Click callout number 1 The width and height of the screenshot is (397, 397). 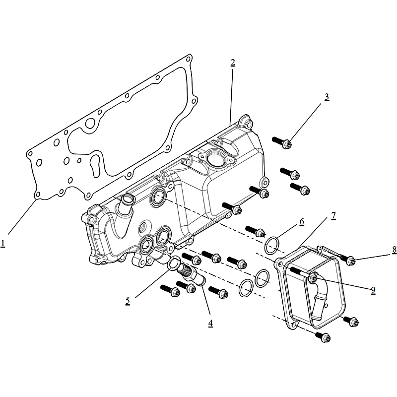point(3,244)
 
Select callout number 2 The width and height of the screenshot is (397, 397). point(233,63)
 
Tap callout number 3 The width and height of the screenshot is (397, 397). point(327,97)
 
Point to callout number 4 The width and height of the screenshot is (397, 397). point(210,324)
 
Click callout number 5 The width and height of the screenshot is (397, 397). point(128,301)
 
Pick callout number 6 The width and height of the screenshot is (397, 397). point(302,222)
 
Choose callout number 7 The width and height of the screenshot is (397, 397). point(333,215)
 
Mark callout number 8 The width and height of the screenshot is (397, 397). point(395,250)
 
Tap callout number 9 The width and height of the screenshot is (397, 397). point(373,290)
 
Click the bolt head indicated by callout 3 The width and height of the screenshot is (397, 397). point(287,144)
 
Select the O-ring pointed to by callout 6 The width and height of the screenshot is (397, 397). point(272,245)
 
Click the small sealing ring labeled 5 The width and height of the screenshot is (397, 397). point(174,264)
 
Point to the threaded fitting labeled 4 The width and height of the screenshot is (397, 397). point(192,274)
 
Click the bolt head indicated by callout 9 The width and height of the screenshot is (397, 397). point(314,278)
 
